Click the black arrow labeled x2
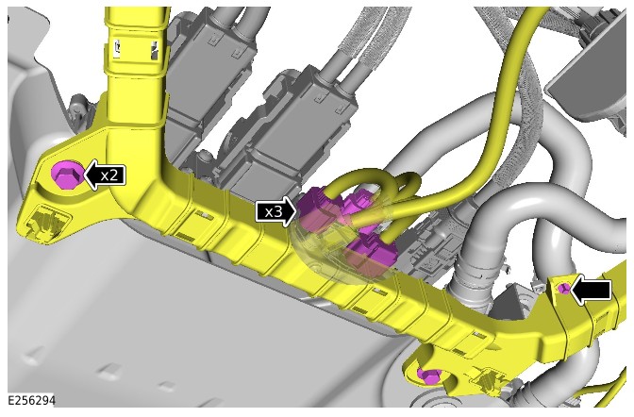pyautogui.click(x=105, y=175)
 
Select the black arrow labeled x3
pyautogui.click(x=276, y=211)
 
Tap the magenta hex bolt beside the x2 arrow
pyautogui.click(x=67, y=175)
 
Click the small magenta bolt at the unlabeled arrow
pyautogui.click(x=564, y=289)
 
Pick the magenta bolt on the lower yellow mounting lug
pyautogui.click(x=429, y=376)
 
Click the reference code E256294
pyautogui.click(x=31, y=400)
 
